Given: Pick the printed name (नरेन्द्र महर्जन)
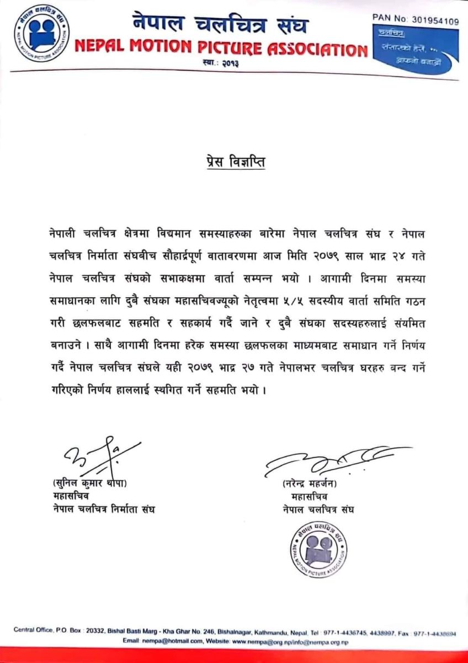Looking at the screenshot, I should (309, 484).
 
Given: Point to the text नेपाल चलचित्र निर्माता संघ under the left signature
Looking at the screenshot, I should (100, 509).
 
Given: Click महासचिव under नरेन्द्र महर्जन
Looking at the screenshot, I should (302, 497).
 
